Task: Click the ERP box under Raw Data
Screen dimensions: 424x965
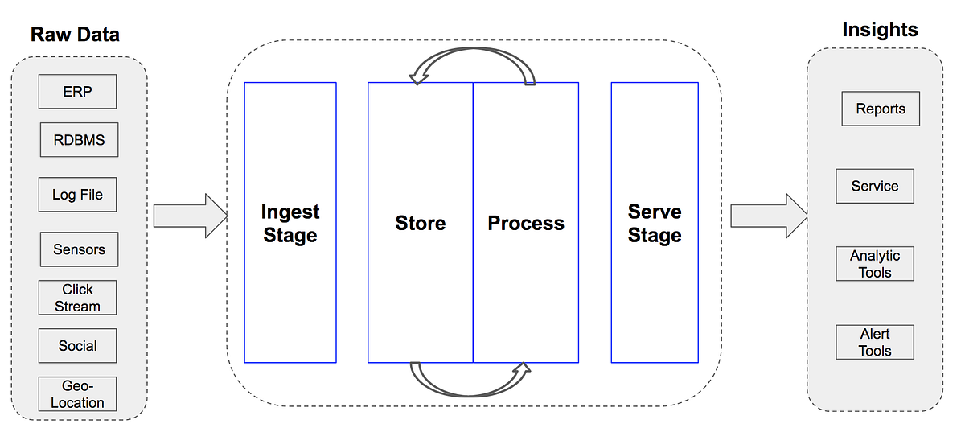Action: [77, 92]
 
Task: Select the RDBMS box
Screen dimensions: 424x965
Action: [79, 140]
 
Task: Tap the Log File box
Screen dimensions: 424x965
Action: [77, 195]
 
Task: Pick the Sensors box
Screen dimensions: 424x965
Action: [79, 249]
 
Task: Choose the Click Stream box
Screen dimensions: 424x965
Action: [77, 298]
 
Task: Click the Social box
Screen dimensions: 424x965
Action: [77, 346]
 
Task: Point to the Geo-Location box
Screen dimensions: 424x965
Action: [77, 395]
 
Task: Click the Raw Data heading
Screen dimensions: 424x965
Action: [75, 35]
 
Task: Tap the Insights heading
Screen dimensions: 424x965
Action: [880, 30]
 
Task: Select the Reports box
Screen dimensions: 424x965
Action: [880, 109]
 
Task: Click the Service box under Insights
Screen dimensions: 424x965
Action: [874, 186]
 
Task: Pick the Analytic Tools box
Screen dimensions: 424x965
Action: [875, 264]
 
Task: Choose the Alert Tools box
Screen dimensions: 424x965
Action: [875, 342]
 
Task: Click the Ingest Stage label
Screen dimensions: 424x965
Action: [289, 224]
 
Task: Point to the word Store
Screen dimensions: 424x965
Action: [420, 223]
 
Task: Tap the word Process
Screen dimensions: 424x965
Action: [526, 223]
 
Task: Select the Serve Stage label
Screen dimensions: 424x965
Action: [655, 224]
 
